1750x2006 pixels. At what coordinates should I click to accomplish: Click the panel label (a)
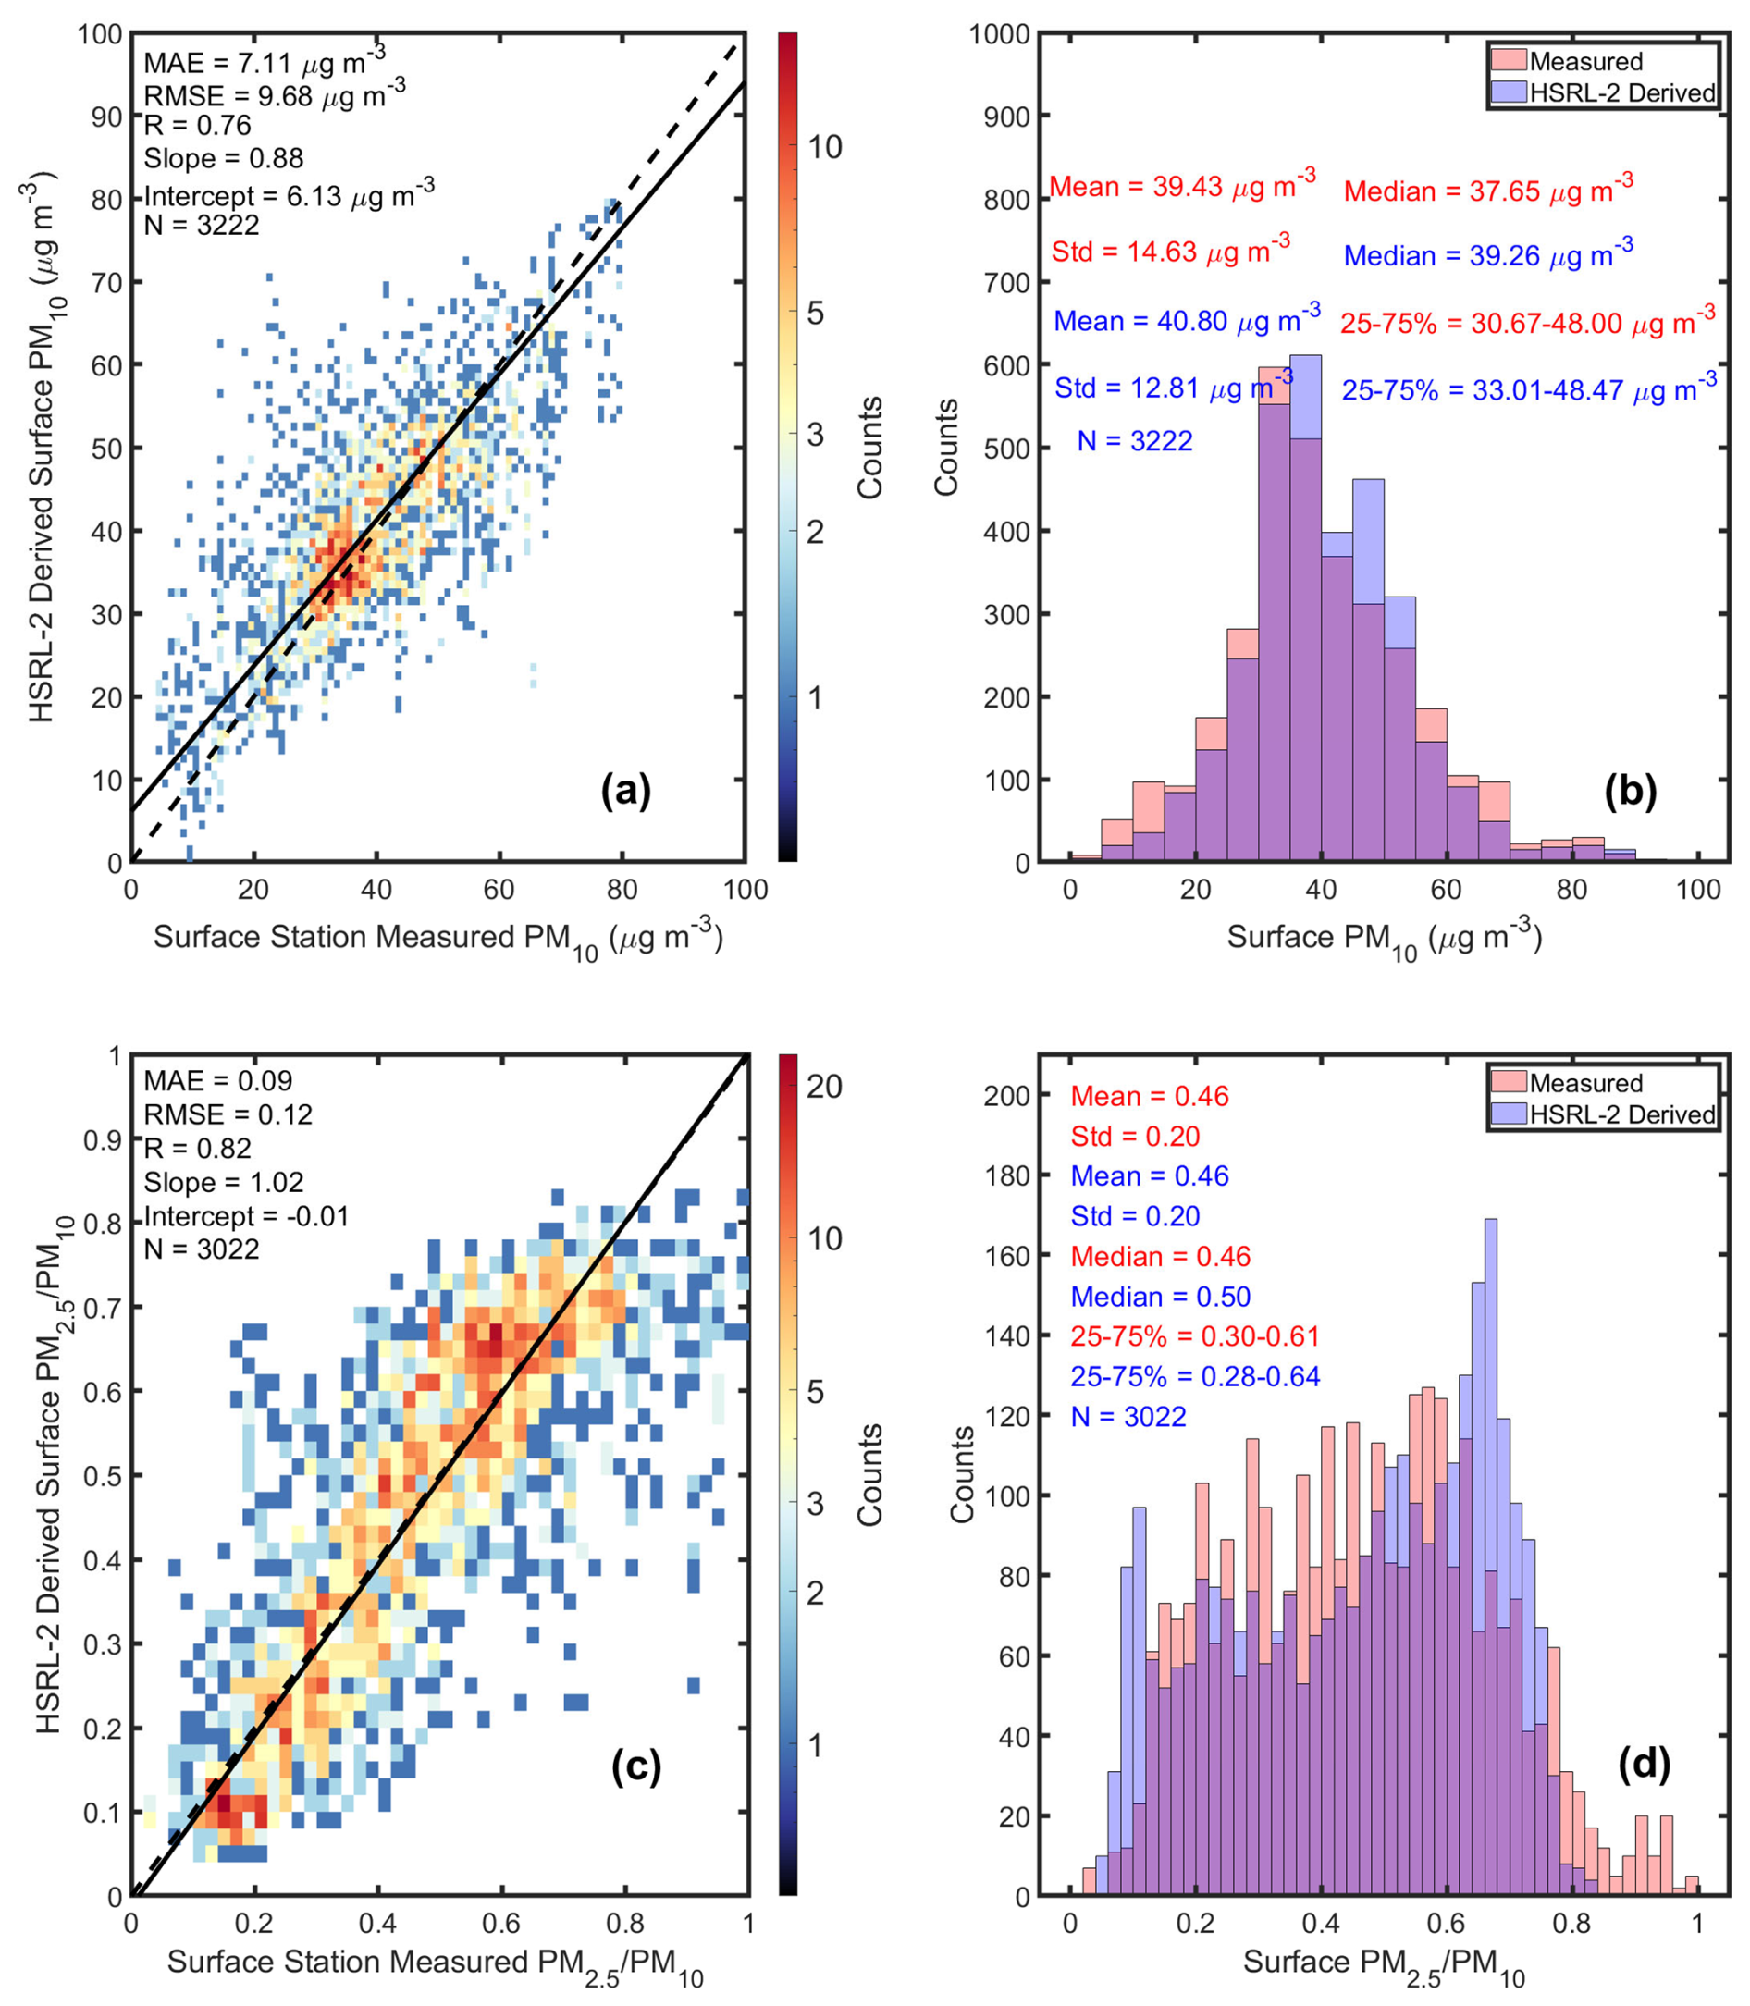[625, 790]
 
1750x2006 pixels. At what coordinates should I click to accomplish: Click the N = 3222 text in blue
[1135, 441]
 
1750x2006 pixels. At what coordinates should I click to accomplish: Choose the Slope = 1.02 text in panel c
[224, 1183]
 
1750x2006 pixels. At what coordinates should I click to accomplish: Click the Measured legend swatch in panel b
[1509, 60]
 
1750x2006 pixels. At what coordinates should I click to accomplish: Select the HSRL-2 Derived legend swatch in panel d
[1509, 1114]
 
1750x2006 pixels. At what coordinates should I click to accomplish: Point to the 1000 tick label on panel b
[999, 34]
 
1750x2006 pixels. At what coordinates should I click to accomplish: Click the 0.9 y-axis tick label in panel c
[101, 1140]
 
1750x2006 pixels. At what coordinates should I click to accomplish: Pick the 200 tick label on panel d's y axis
[1007, 1096]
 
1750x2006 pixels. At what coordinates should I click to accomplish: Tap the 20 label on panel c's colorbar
[824, 1086]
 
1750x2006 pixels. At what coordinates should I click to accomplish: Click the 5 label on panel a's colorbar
[815, 314]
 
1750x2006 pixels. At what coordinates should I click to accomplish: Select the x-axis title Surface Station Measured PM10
[437, 939]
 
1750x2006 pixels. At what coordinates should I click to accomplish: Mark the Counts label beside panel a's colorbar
[869, 448]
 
